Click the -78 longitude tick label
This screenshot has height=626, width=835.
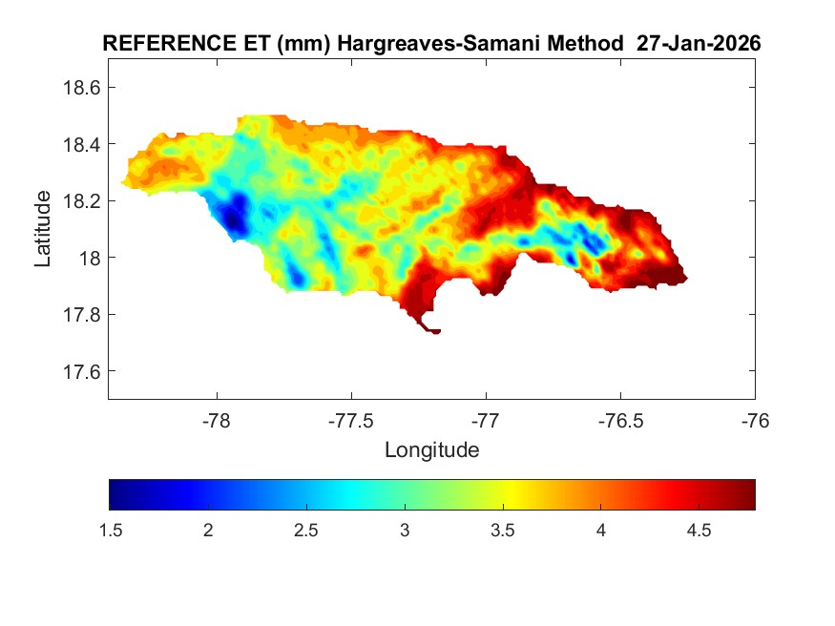click(x=217, y=421)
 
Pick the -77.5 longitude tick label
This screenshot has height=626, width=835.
click(x=351, y=421)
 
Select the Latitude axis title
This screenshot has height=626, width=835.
click(x=43, y=228)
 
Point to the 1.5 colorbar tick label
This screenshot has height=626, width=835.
click(x=110, y=532)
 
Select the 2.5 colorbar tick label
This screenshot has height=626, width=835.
click(x=306, y=532)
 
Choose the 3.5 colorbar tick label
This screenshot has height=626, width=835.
click(x=502, y=532)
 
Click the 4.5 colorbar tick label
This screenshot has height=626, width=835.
click(x=699, y=532)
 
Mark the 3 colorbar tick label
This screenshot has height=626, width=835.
click(x=405, y=532)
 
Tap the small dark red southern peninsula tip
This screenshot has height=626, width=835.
click(x=432, y=330)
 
